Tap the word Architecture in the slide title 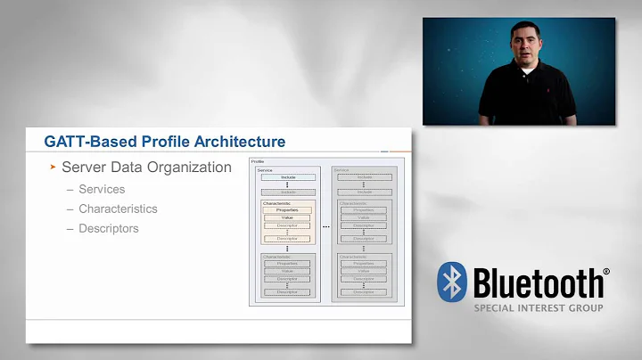pyautogui.click(x=242, y=142)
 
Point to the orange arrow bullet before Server pyautogui.click(x=53, y=168)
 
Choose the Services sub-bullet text pyautogui.click(x=102, y=189)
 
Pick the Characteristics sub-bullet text pyautogui.click(x=118, y=209)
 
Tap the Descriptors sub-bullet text pyautogui.click(x=109, y=228)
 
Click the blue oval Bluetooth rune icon pyautogui.click(x=453, y=283)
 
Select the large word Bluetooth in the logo pyautogui.click(x=537, y=283)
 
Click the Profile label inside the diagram pyautogui.click(x=258, y=161)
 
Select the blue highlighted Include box pyautogui.click(x=287, y=177)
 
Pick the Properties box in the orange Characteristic pyautogui.click(x=287, y=210)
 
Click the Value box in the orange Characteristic pyautogui.click(x=287, y=218)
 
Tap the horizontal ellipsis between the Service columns pyautogui.click(x=326, y=226)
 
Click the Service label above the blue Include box pyautogui.click(x=265, y=169)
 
